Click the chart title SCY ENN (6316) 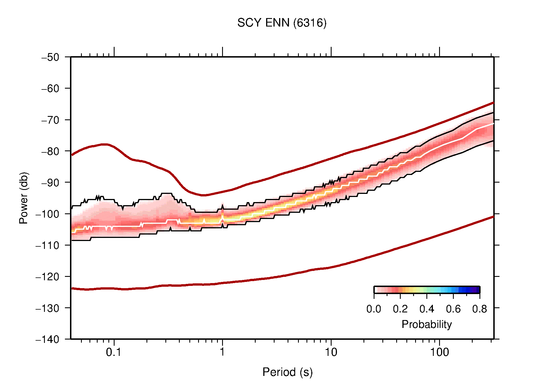click(x=282, y=23)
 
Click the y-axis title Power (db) click(x=24, y=198)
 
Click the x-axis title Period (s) click(x=287, y=372)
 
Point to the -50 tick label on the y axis click(x=50, y=57)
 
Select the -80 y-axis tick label click(x=50, y=151)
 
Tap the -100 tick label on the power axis click(x=47, y=214)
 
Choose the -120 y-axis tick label click(x=47, y=277)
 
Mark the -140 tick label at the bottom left click(x=47, y=339)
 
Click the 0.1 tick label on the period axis click(x=114, y=352)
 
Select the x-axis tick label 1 click(x=222, y=352)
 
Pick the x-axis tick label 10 click(x=331, y=352)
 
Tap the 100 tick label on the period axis click(x=439, y=352)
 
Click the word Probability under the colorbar click(x=426, y=325)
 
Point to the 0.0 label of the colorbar click(x=374, y=309)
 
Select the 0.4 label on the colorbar click(x=427, y=309)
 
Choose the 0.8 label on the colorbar click(x=479, y=309)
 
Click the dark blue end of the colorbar click(x=476, y=290)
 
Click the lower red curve click(x=282, y=276)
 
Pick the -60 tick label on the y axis click(x=50, y=89)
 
